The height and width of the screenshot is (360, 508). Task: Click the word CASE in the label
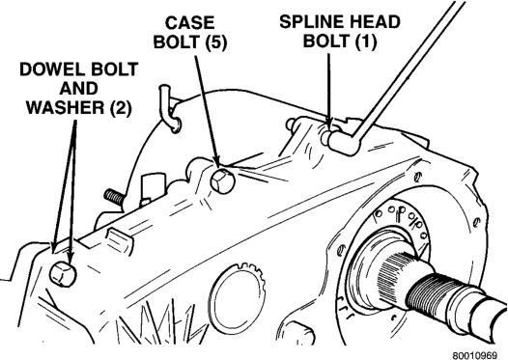(x=189, y=23)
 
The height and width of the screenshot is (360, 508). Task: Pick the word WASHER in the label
(x=67, y=108)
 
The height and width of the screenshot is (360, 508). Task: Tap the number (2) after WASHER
(x=121, y=108)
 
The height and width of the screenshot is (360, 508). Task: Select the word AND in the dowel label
(x=79, y=89)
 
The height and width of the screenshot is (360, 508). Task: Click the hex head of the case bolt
(x=222, y=180)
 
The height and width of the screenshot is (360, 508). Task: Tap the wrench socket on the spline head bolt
(x=343, y=143)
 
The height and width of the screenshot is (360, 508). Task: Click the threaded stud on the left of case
(x=113, y=197)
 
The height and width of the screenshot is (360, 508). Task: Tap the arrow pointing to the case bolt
(x=207, y=111)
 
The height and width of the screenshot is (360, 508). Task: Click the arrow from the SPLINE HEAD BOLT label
(x=329, y=91)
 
